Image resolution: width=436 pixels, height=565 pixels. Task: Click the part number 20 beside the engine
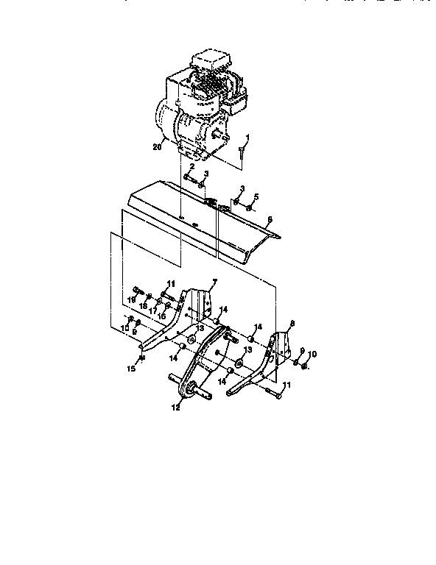pyautogui.click(x=155, y=147)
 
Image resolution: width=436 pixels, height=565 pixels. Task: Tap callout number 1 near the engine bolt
pyautogui.click(x=248, y=137)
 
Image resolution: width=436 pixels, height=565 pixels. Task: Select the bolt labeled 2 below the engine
pyautogui.click(x=189, y=177)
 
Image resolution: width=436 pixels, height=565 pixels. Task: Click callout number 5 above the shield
pyautogui.click(x=257, y=196)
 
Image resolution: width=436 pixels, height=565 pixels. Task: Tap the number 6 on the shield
pyautogui.click(x=270, y=220)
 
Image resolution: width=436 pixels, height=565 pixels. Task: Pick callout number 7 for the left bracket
pyautogui.click(x=214, y=282)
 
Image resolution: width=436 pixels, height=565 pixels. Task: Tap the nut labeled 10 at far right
pyautogui.click(x=306, y=365)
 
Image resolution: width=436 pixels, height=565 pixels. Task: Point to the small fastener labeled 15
pyautogui.click(x=141, y=358)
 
